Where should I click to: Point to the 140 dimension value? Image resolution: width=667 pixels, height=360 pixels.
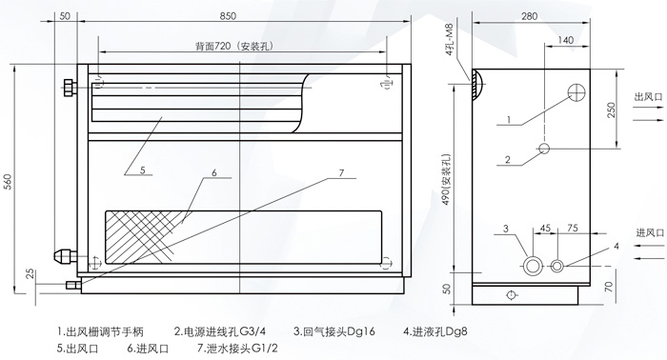tap(566, 40)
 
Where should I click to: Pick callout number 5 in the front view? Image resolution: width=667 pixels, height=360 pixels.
tap(140, 171)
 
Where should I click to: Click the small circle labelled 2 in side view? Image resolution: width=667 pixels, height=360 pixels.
tap(543, 149)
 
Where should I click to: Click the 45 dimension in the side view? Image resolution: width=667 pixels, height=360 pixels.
tap(546, 229)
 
